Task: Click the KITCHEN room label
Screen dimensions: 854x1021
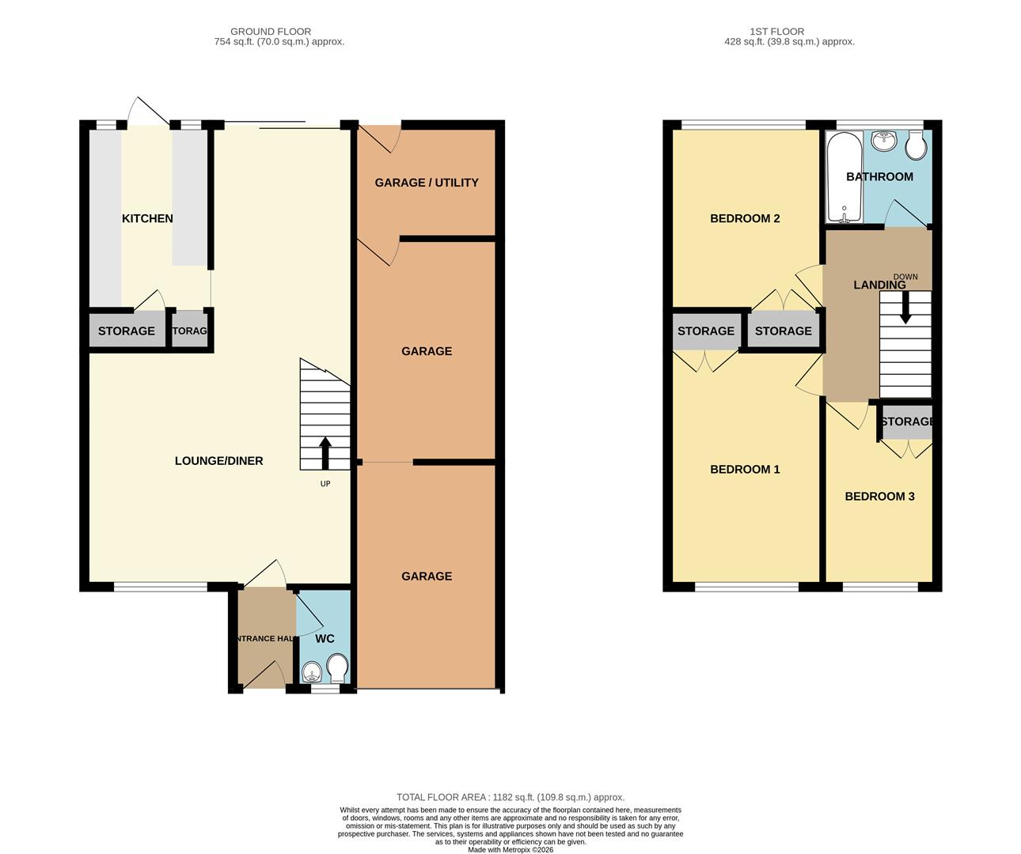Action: click(x=147, y=218)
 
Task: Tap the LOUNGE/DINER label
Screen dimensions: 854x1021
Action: click(x=218, y=461)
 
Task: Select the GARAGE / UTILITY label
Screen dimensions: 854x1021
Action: click(x=426, y=183)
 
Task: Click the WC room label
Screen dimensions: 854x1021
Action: click(x=325, y=639)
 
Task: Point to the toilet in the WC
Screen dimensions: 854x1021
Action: click(x=338, y=668)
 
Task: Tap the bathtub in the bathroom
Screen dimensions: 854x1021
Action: click(x=844, y=178)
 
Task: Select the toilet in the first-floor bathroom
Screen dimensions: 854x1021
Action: click(x=917, y=144)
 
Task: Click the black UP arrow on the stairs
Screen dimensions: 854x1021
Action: click(x=325, y=453)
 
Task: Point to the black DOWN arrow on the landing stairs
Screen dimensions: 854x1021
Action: click(x=905, y=307)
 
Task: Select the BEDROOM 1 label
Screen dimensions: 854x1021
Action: click(x=745, y=470)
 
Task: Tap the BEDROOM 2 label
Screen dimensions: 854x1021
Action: click(x=745, y=218)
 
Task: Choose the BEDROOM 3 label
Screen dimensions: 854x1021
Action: click(x=879, y=497)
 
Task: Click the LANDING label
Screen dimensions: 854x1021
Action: click(x=879, y=285)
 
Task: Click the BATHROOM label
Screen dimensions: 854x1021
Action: click(x=879, y=177)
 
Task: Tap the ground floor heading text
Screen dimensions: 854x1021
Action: click(x=271, y=32)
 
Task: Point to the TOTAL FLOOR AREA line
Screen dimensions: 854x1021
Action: click(x=511, y=797)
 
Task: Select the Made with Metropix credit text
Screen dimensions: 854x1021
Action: click(x=511, y=850)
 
